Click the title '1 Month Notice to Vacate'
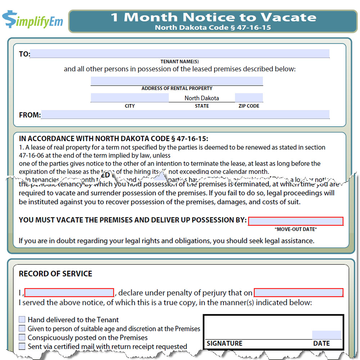coord(213,17)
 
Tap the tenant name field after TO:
coord(180,54)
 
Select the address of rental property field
coord(177,81)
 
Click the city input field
coord(130,98)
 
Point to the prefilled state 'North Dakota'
coord(202,98)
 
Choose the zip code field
coord(249,98)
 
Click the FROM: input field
coord(185,114)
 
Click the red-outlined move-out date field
coord(296,221)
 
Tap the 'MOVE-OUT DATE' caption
coord(296,229)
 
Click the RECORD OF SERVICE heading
coord(55,274)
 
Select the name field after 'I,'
coord(69,292)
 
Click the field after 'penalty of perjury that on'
coord(298,292)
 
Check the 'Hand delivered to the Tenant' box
coord(22,320)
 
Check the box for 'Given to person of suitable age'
coord(22,329)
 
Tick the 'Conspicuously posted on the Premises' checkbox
coord(22,338)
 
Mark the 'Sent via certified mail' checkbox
coord(22,347)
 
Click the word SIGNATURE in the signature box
coord(225,343)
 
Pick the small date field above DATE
coord(326,335)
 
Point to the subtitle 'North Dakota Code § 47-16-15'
coord(213,27)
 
